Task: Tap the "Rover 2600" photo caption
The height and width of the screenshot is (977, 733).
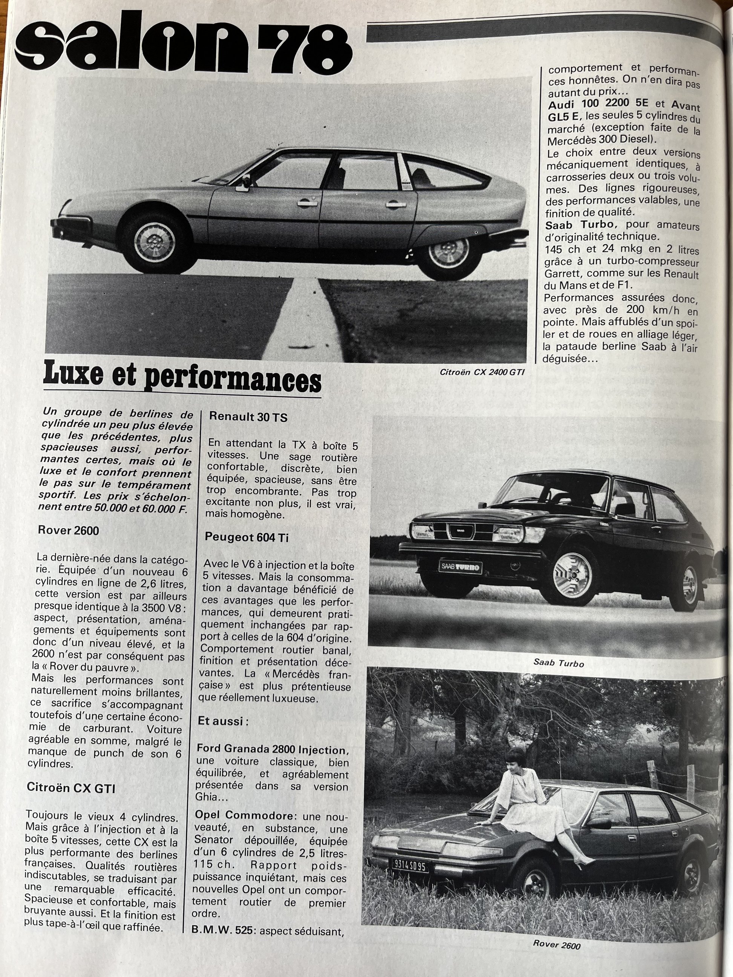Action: pos(556,945)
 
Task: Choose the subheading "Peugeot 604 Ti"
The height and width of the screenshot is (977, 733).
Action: pos(247,538)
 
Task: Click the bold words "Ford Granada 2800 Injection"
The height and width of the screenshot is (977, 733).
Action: pos(271,750)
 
